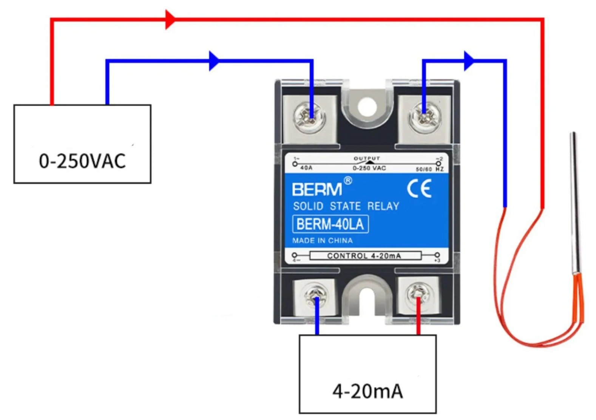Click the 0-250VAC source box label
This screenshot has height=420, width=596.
tap(82, 161)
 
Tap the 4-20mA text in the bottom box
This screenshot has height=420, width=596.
tap(367, 391)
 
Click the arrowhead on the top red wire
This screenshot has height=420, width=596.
tap(170, 19)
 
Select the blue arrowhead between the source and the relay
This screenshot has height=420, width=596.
tap(214, 61)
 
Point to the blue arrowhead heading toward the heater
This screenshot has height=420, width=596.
tap(468, 61)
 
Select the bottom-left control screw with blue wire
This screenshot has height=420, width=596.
tap(316, 297)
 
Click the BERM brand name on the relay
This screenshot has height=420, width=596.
tap(317, 189)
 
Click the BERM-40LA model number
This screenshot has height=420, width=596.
tap(330, 224)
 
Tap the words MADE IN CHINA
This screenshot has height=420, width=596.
tap(322, 241)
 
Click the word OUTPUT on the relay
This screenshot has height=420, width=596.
tap(367, 158)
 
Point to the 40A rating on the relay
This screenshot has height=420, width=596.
tap(306, 168)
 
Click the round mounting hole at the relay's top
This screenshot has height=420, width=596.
tap(367, 107)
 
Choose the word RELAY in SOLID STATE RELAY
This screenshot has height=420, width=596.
tap(383, 206)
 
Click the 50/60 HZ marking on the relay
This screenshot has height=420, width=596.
tap(429, 169)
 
